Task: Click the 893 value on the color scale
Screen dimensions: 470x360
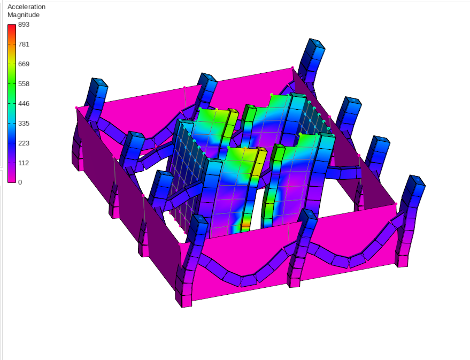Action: (24, 25)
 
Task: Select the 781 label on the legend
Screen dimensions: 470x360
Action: (24, 44)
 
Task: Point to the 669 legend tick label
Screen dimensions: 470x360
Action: (24, 64)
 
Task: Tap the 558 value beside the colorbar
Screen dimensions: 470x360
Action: (24, 84)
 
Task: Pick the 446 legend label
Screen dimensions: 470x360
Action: (24, 104)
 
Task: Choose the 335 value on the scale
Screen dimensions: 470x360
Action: (24, 124)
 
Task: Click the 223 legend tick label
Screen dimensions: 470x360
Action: (24, 143)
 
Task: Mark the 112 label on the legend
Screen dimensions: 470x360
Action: (24, 163)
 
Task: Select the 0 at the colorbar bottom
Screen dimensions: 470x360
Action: (20, 182)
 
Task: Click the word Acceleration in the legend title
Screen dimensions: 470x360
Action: (26, 7)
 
